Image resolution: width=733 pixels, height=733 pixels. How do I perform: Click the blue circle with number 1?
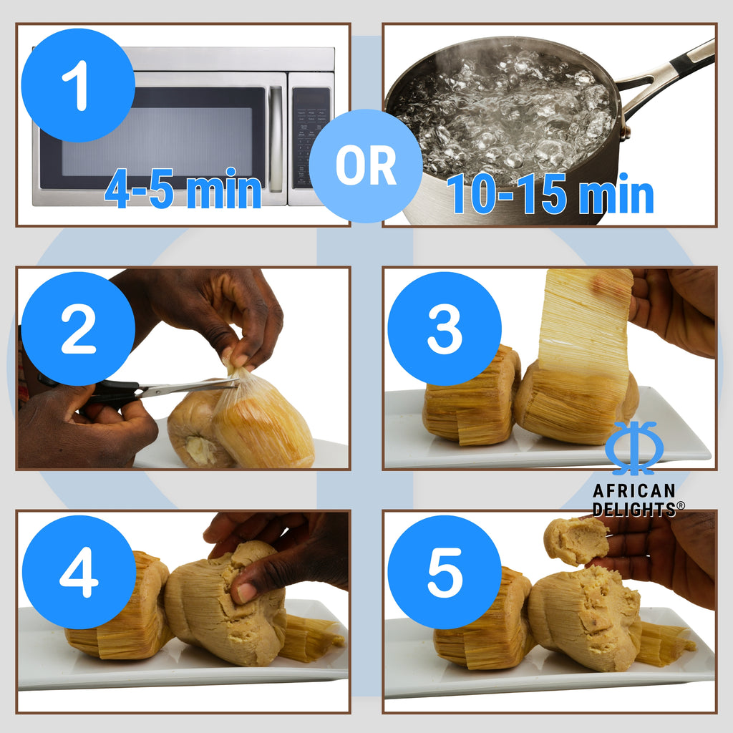click(77, 85)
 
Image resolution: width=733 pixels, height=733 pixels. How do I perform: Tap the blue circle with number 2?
click(77, 329)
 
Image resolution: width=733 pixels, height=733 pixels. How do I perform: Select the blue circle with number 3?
click(444, 329)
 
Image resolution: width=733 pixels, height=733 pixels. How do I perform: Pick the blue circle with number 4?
click(77, 572)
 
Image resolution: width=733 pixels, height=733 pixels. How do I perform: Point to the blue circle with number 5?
click(444, 572)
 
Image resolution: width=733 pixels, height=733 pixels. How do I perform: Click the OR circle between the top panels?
click(366, 165)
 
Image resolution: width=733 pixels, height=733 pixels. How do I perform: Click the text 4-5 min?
click(183, 191)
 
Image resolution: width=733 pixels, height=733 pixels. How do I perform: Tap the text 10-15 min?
click(550, 194)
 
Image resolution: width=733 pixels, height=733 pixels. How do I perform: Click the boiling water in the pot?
click(501, 107)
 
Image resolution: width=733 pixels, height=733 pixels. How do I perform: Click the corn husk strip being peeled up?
click(584, 322)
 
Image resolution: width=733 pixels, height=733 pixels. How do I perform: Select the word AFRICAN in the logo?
click(634, 491)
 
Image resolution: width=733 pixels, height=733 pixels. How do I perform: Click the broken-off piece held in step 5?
click(576, 540)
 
